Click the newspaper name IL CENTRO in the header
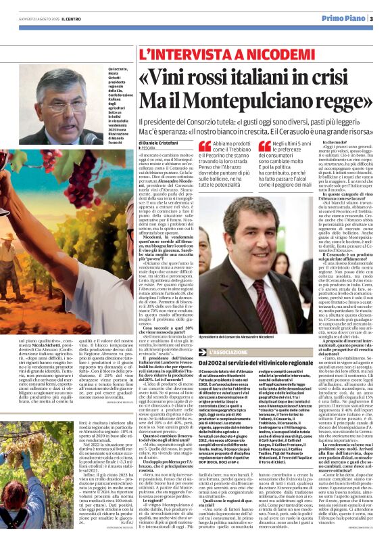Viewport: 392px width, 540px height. point(74,19)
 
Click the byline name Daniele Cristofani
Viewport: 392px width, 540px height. point(166,143)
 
